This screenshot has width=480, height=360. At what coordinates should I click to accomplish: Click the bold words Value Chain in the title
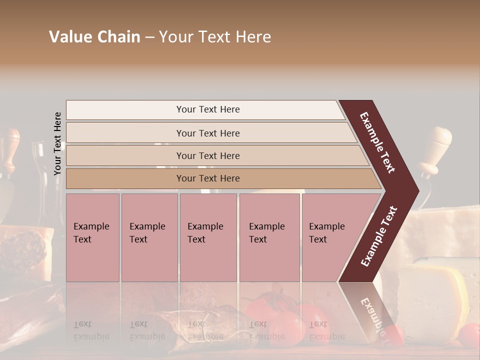pos(95,37)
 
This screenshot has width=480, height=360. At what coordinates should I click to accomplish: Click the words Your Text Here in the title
pos(215,37)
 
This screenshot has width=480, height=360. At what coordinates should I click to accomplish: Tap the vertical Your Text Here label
pos(57,143)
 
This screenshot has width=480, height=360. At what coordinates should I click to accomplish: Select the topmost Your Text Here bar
pos(208,109)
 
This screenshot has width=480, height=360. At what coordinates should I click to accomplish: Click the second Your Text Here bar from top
pos(208,133)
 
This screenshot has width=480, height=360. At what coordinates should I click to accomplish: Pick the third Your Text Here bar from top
pos(208,155)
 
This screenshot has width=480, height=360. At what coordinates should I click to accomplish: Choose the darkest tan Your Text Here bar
pos(208,178)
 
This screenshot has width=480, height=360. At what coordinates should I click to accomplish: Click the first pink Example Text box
pos(92,237)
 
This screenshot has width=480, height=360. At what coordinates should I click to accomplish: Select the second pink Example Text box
pos(149,237)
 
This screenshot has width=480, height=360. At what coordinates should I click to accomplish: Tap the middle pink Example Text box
pos(208,237)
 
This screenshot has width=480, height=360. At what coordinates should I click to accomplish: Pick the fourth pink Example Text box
pos(269,237)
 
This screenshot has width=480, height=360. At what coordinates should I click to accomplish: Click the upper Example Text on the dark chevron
pos(378,142)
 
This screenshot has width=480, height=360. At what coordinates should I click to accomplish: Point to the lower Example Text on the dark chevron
pos(379,236)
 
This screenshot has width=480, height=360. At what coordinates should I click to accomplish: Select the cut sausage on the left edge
pos(22,250)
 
